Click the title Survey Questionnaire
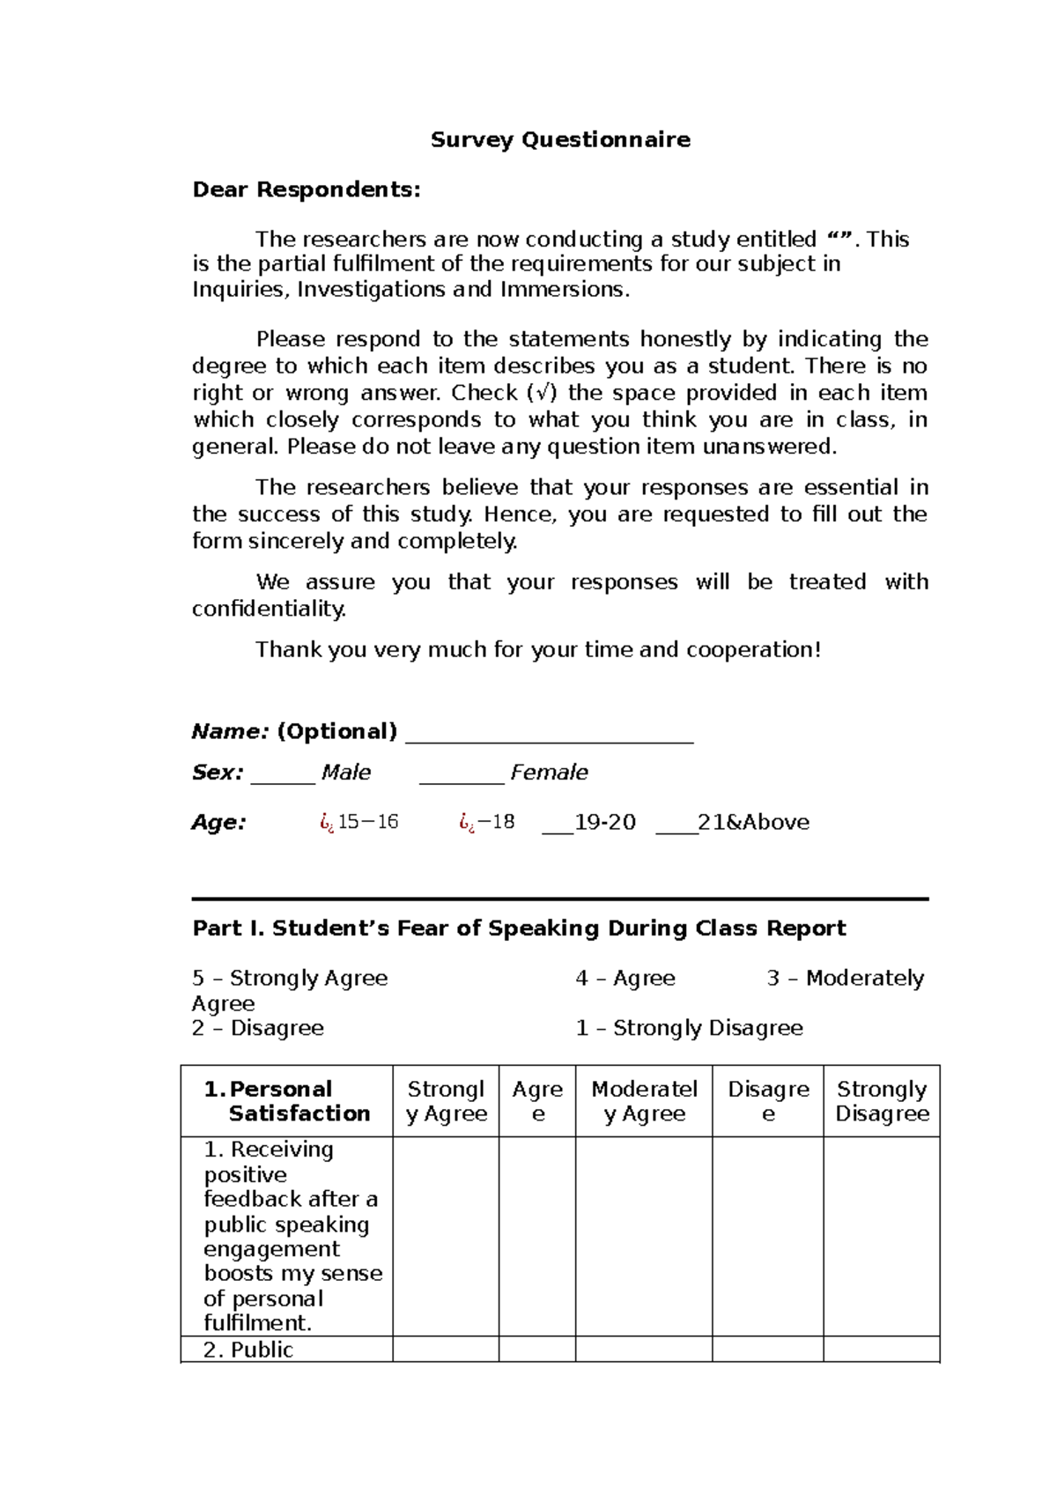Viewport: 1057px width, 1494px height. pos(560,140)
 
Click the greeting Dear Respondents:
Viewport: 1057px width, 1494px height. pos(307,190)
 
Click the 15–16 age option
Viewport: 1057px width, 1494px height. pos(367,823)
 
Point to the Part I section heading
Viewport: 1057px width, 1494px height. pos(519,928)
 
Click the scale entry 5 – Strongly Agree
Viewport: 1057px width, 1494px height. pos(290,979)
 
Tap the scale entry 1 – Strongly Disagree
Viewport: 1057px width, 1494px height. pos(689,1029)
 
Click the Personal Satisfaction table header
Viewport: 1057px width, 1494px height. pos(287,1101)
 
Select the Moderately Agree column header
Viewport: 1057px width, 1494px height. pos(644,1101)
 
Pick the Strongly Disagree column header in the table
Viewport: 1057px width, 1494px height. pos(882,1101)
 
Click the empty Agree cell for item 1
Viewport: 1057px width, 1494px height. pos(537,1236)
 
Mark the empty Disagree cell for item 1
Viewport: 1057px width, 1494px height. pos(767,1236)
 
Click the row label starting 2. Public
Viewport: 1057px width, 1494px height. pos(248,1350)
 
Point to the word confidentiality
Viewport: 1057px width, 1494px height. pos(269,610)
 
